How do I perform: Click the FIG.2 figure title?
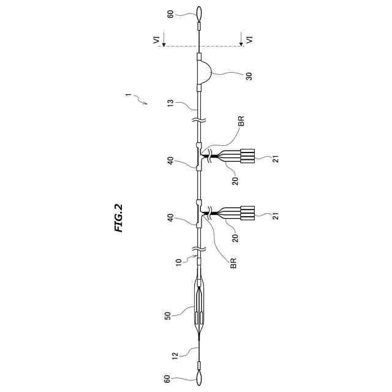pos(119,217)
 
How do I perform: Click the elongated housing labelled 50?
pos(200,308)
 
